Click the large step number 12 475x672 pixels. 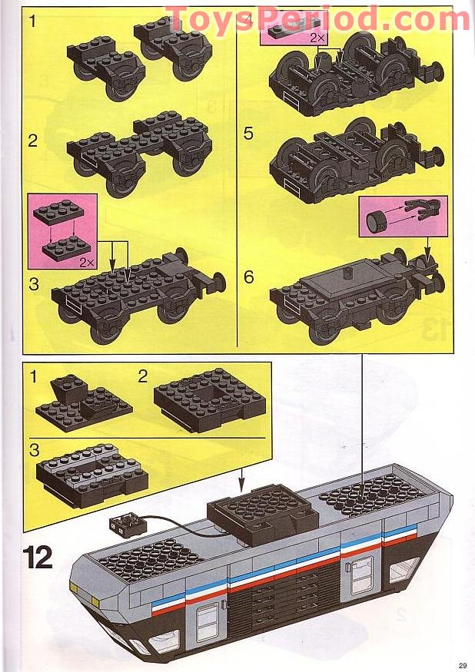(38, 556)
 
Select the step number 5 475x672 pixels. (248, 133)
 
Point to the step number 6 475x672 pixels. (248, 277)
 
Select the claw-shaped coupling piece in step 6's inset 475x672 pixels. (419, 209)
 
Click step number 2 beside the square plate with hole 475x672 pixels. (143, 376)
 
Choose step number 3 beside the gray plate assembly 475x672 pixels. (34, 449)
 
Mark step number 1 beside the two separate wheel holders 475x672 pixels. (32, 22)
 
